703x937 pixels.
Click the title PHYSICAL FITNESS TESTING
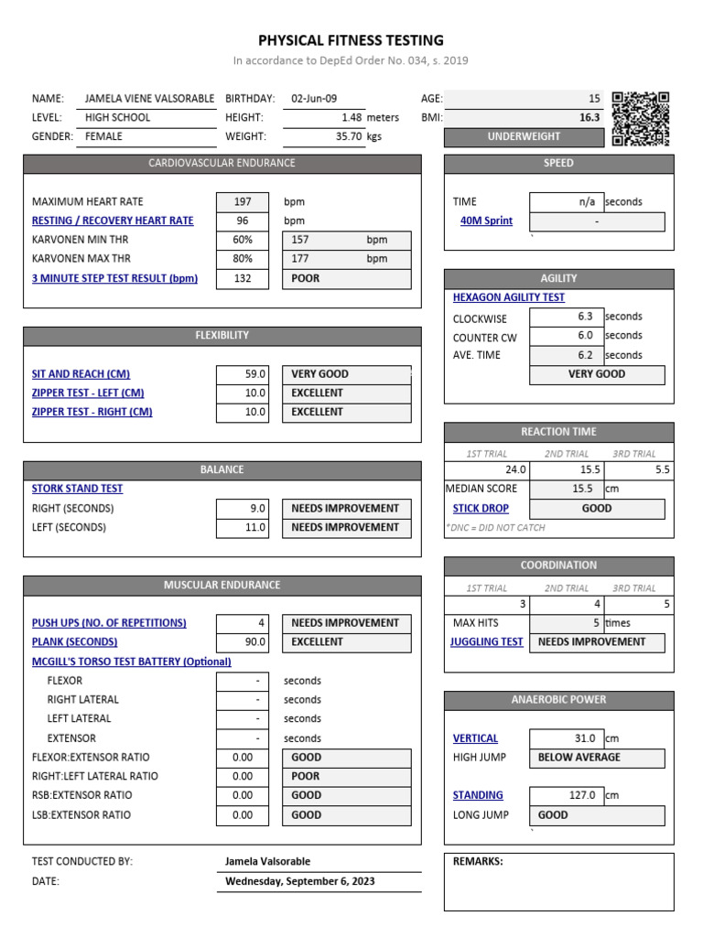point(351,40)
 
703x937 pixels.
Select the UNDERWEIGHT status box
point(524,136)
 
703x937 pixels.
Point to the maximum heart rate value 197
point(243,201)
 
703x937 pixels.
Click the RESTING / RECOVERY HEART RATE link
point(113,221)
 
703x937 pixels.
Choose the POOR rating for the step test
point(347,278)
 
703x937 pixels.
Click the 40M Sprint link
point(486,221)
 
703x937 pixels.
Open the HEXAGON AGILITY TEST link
point(509,297)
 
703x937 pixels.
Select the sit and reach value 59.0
point(243,373)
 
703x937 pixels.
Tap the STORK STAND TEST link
point(77,489)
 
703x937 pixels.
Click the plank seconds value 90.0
point(243,641)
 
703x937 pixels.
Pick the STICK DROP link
point(481,508)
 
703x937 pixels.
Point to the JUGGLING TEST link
point(486,641)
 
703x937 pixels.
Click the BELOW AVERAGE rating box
point(597,757)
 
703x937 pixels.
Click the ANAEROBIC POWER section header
point(558,700)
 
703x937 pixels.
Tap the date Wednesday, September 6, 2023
point(300,881)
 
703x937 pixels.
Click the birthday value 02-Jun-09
point(314,98)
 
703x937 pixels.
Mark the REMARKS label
point(478,861)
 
